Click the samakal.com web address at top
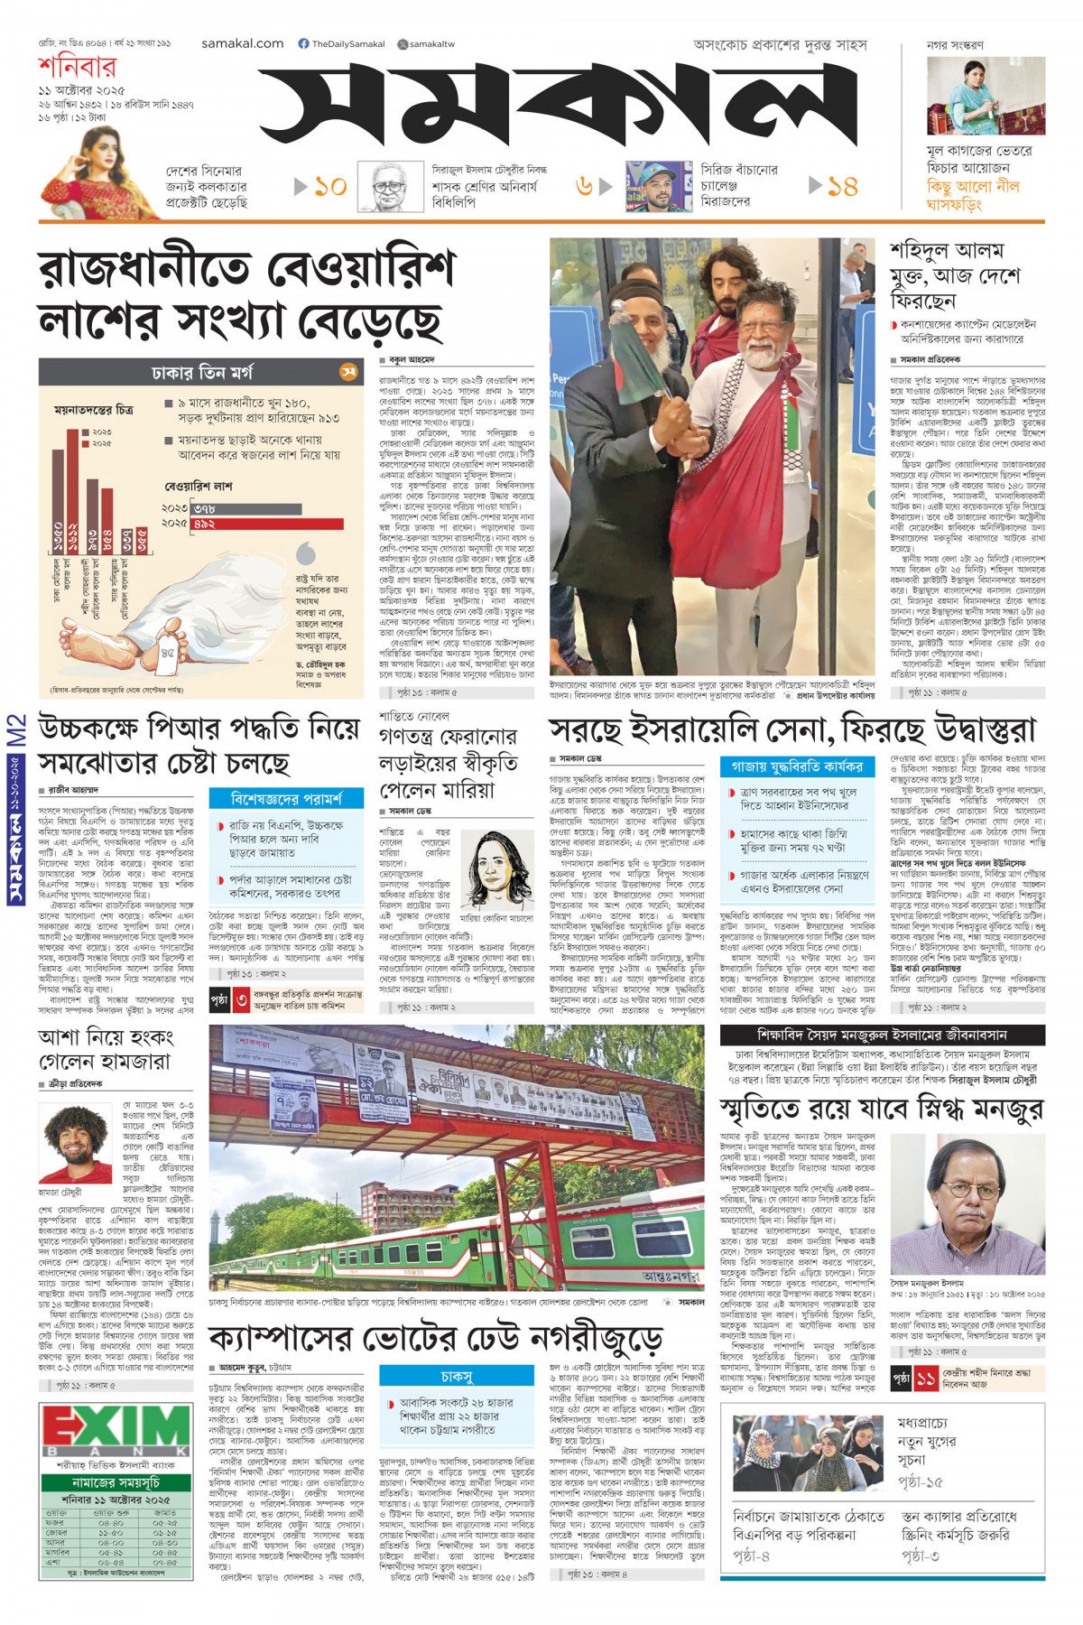pos(242,43)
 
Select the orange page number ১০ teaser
pos(329,187)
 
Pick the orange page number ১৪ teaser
pos(842,187)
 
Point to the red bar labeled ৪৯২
pos(267,524)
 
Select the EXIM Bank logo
pos(116,1431)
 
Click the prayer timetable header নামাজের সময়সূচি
pos(116,1482)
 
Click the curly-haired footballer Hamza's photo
pos(76,1144)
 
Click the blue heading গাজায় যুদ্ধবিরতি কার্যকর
pos(797,766)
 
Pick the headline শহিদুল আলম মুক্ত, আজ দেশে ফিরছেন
pos(955,274)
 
